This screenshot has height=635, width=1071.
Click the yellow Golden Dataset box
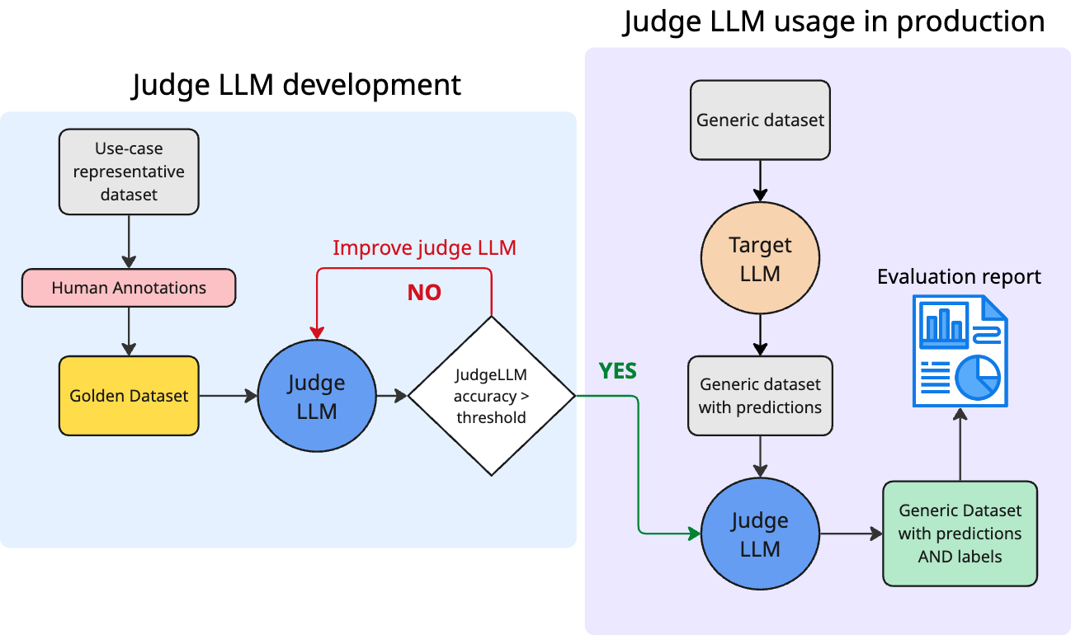(x=129, y=396)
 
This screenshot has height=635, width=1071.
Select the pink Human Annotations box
(x=129, y=288)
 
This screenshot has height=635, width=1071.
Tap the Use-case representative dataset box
(x=129, y=172)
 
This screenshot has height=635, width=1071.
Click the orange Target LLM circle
(x=760, y=258)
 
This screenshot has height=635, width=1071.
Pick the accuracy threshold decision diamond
(x=492, y=396)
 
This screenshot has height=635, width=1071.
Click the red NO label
(x=424, y=293)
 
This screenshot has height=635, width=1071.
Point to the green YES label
(x=618, y=371)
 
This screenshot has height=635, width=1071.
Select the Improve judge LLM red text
(x=425, y=247)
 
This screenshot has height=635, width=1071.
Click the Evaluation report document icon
(x=960, y=351)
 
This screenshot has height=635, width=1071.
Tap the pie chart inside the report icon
(x=978, y=378)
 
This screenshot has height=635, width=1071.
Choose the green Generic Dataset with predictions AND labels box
(x=960, y=534)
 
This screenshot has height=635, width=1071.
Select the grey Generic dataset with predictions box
(x=760, y=396)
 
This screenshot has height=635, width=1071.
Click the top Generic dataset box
(x=760, y=120)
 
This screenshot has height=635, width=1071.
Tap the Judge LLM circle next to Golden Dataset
(x=317, y=396)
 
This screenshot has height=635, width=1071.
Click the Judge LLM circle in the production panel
(x=760, y=534)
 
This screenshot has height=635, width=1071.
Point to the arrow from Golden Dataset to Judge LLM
(x=228, y=396)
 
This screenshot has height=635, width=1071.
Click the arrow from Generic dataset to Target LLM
(x=760, y=181)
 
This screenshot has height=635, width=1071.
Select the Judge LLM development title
(x=296, y=85)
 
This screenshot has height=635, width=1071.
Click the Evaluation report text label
(x=959, y=276)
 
